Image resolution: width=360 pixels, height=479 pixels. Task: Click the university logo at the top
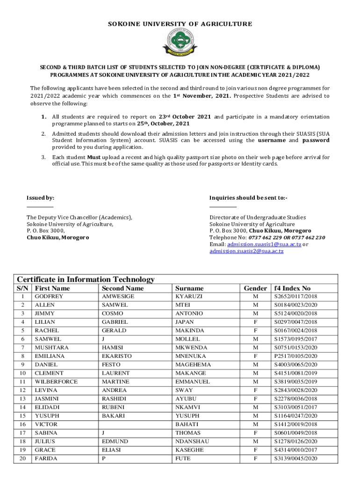click(x=180, y=43)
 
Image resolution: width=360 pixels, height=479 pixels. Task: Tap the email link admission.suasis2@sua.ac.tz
click(x=246, y=251)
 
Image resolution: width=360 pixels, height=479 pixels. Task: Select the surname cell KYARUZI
click(x=189, y=297)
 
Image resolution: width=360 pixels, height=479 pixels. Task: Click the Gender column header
click(x=255, y=288)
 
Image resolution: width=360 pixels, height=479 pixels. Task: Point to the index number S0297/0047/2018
click(x=295, y=322)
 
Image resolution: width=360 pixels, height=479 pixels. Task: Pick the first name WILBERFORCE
click(x=56, y=382)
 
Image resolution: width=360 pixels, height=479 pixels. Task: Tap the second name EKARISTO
click(x=117, y=356)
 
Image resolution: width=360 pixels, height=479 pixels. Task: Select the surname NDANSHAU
click(x=193, y=441)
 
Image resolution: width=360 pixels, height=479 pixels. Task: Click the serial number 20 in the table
click(x=22, y=458)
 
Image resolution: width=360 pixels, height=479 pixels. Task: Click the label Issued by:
click(x=40, y=198)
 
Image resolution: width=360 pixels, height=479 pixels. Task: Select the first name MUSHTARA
click(x=51, y=348)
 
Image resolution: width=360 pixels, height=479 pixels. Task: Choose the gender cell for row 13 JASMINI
click(x=255, y=399)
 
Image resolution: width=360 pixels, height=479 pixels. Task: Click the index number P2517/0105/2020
click(x=295, y=356)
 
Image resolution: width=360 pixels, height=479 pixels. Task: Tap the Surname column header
click(x=189, y=288)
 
